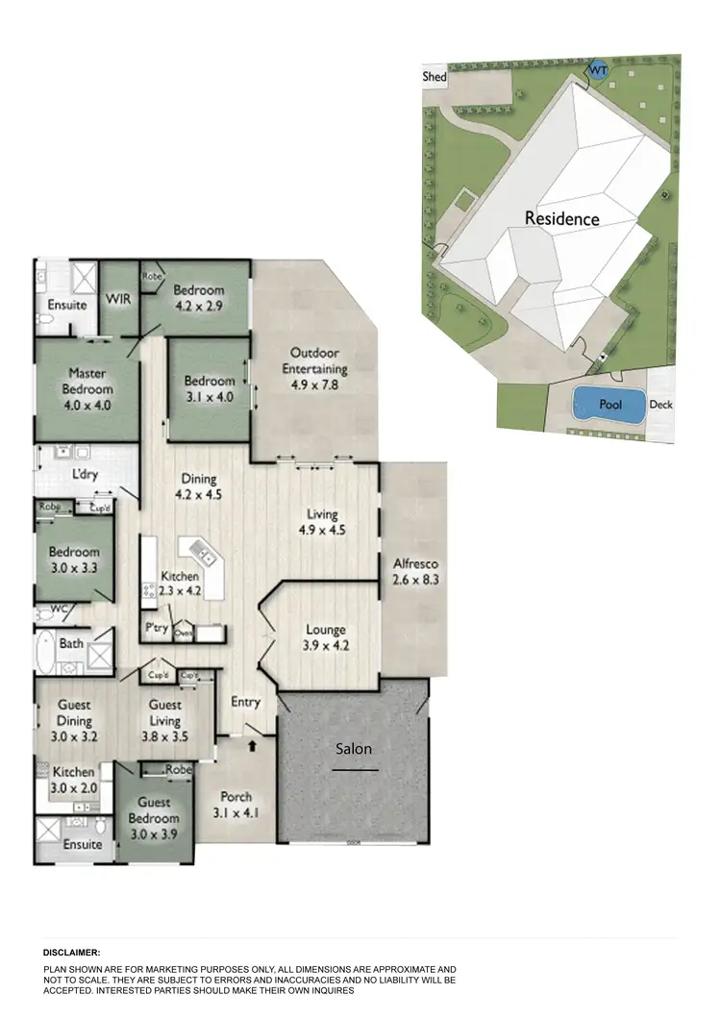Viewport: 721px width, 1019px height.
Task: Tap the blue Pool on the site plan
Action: (x=609, y=406)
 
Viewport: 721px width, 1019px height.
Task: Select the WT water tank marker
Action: (x=597, y=71)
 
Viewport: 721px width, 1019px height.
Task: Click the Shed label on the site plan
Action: (x=435, y=76)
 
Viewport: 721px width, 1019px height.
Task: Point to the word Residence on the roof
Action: (x=561, y=219)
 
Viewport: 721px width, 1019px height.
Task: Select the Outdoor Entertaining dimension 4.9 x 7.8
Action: (x=314, y=385)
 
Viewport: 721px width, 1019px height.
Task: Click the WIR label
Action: (x=117, y=299)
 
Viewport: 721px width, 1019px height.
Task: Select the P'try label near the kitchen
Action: (x=157, y=628)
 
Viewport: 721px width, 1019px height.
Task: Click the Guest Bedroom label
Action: (x=154, y=809)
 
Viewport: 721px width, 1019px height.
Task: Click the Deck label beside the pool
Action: (x=660, y=405)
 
